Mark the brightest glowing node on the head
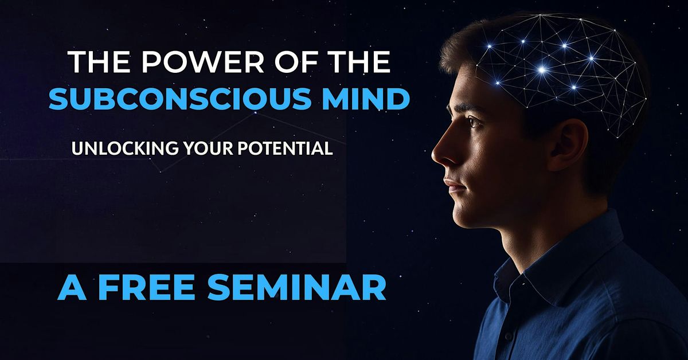click(542, 70)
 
